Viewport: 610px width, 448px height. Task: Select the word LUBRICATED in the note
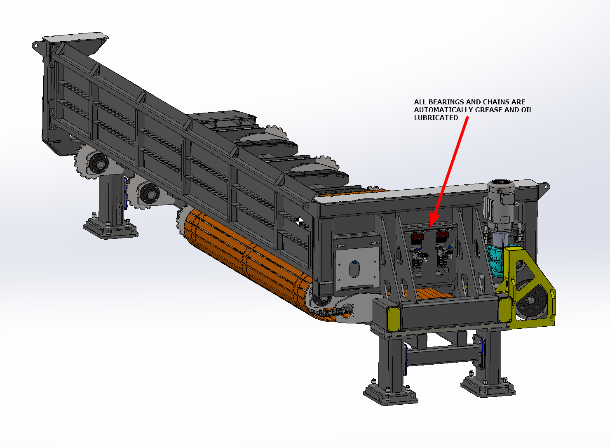coord(436,118)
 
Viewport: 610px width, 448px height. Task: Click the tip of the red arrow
coord(431,225)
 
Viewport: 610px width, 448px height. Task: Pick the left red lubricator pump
coord(418,237)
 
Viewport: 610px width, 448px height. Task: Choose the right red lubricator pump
coord(442,236)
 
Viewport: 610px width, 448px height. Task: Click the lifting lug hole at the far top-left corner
coord(35,45)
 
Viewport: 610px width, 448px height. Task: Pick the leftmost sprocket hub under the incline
coord(99,164)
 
